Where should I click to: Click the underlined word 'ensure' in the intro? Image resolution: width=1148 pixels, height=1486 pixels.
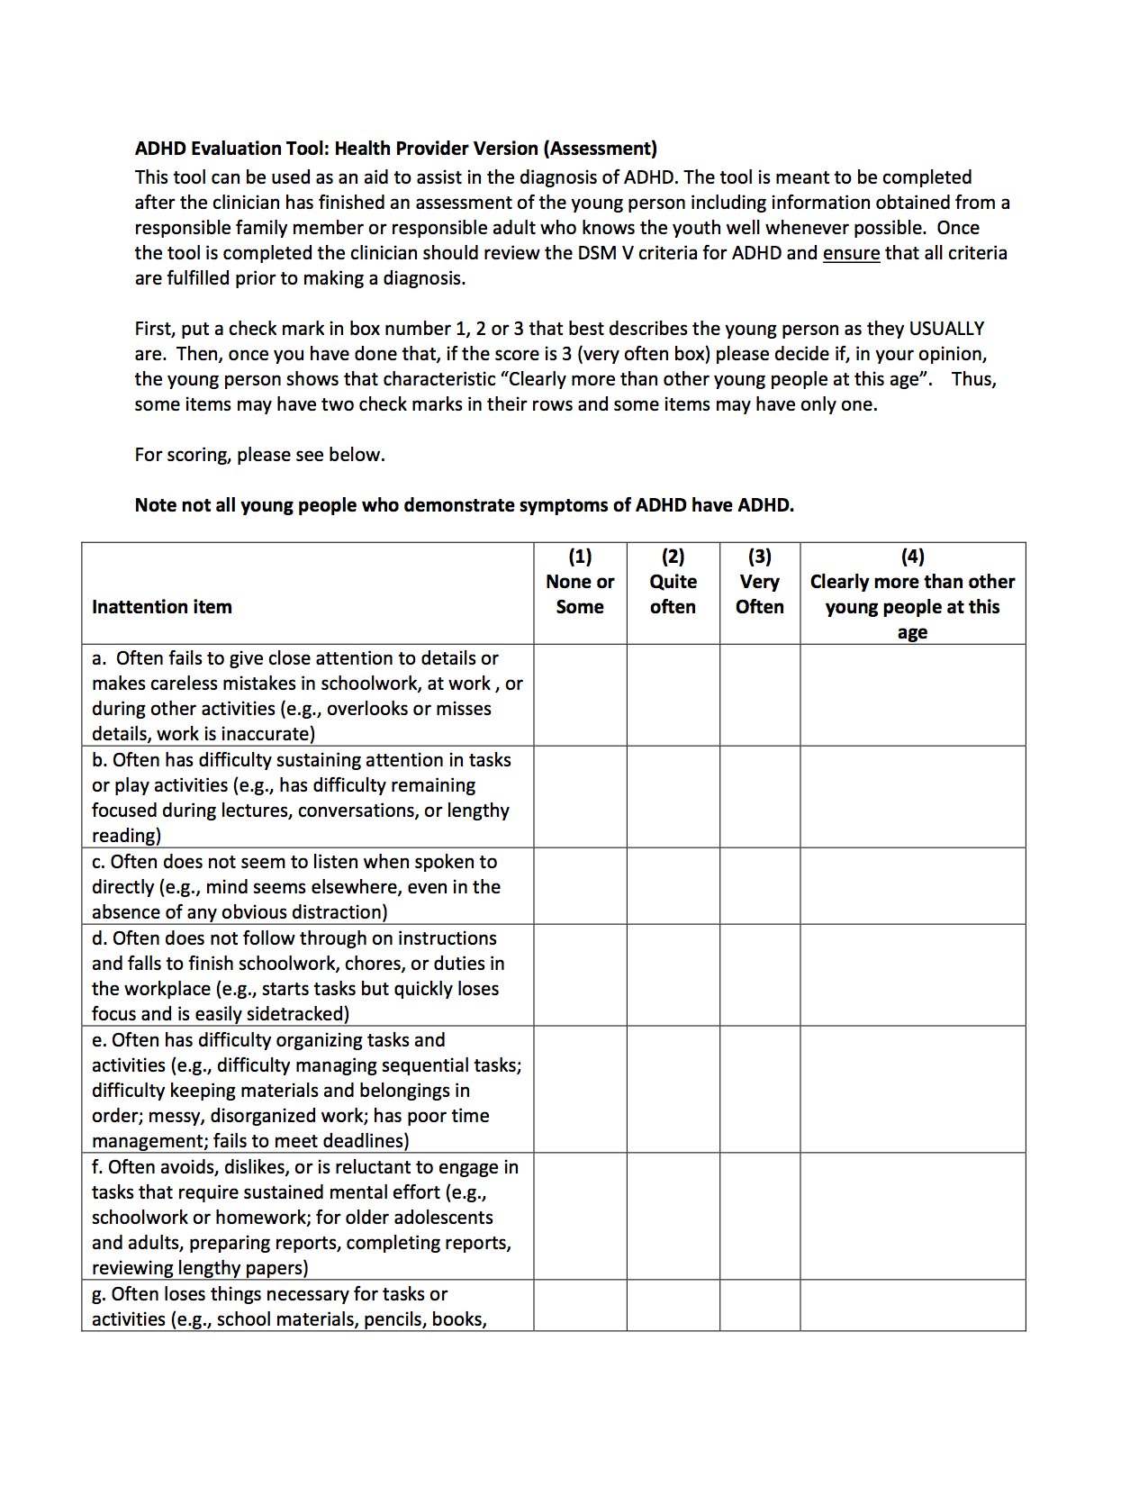(851, 253)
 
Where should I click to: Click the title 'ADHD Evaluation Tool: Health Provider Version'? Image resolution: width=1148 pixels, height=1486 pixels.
(395, 149)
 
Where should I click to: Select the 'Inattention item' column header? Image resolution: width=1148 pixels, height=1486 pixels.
(162, 607)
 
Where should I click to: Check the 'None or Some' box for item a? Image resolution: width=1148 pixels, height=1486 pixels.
(580, 694)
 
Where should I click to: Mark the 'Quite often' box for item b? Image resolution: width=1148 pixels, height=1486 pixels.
(673, 796)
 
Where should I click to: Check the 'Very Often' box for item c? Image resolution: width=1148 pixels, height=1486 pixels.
(759, 885)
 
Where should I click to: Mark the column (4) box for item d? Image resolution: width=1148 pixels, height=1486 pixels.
(912, 974)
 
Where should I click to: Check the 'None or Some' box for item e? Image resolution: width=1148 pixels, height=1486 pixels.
(580, 1089)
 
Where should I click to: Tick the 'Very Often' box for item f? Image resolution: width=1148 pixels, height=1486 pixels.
(759, 1216)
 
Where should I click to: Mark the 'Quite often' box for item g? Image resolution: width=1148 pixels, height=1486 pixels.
(673, 1305)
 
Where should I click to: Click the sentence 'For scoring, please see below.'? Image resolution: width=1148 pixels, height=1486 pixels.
(259, 455)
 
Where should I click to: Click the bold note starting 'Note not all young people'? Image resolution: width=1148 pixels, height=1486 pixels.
(464, 505)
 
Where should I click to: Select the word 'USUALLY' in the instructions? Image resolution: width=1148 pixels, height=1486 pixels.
(946, 329)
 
